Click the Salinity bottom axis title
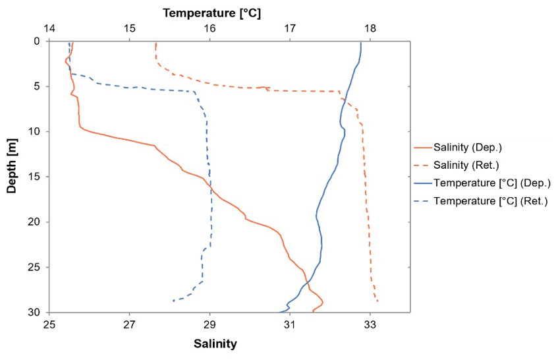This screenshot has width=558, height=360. coord(215,344)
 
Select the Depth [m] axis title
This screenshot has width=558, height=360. coord(11,165)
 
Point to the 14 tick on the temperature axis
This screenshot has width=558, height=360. coord(49,29)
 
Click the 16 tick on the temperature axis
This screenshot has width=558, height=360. coord(209,29)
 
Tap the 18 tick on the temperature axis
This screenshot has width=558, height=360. coord(370,29)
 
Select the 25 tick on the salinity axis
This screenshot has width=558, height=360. coord(49,324)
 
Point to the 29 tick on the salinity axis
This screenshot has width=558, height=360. coord(209,324)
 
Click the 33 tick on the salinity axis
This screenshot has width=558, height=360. coord(370,324)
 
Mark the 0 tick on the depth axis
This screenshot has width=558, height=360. coord(37,41)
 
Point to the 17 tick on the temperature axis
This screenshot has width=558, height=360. coord(290,29)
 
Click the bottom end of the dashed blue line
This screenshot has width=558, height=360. coord(173,301)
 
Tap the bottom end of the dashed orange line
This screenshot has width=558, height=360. coord(377,301)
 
